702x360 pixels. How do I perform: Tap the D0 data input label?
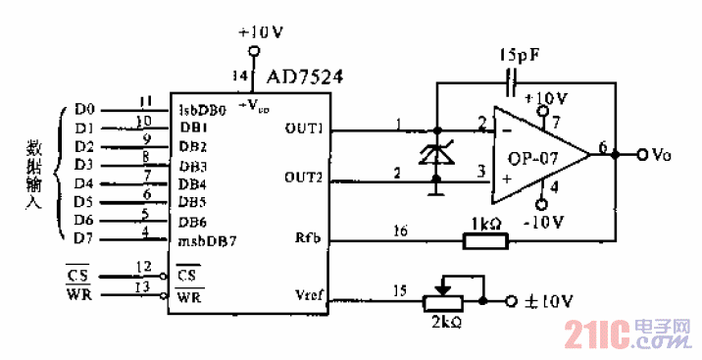click(83, 109)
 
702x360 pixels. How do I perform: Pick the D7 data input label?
click(83, 235)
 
